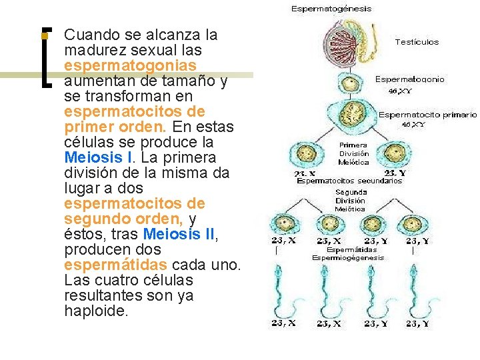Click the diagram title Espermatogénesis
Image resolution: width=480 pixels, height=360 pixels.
331,9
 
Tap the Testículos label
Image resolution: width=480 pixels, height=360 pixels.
417,41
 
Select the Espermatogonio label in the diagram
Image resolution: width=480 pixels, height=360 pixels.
409,79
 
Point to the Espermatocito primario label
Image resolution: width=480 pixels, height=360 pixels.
427,115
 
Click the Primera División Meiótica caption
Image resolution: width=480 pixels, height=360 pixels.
353,153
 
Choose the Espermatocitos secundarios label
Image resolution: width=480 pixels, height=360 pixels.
349,181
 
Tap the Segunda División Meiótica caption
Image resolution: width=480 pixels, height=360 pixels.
350,200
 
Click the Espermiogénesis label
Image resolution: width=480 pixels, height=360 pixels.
348,257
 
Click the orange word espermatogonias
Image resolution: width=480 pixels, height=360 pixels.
130,65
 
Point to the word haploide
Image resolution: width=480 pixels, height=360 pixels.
95,311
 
